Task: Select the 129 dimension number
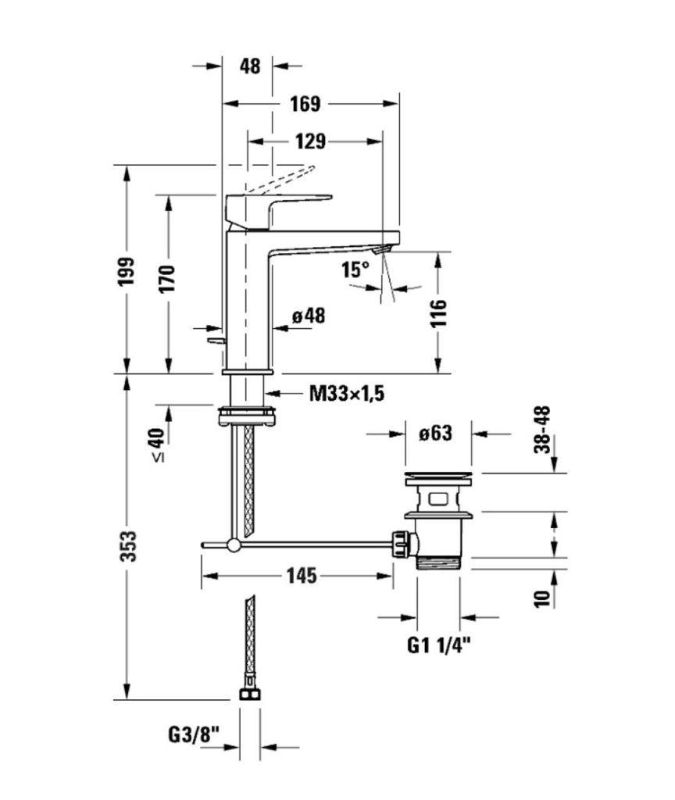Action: (310, 141)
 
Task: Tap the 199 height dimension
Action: (128, 270)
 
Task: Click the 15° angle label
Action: (355, 270)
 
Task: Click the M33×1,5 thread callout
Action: (347, 393)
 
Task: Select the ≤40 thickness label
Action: (159, 445)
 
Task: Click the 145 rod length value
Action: (301, 577)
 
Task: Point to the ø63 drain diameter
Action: (436, 433)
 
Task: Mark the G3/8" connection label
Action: (194, 735)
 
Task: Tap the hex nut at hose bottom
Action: (248, 695)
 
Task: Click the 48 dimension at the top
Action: (249, 66)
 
